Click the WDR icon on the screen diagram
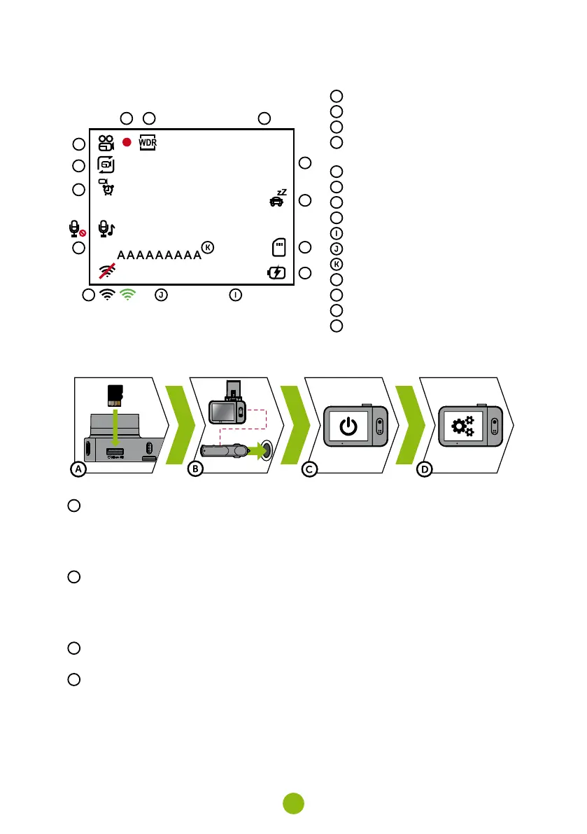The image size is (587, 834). click(x=148, y=142)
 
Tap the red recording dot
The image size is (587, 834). click(x=127, y=142)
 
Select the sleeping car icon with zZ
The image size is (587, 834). click(x=278, y=200)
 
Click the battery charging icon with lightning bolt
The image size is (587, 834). click(x=277, y=273)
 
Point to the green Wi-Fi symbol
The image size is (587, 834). click(x=127, y=295)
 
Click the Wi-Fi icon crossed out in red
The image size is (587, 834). click(x=107, y=271)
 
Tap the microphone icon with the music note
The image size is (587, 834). click(x=107, y=228)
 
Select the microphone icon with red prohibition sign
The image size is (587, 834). click(x=76, y=229)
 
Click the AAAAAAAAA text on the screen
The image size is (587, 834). click(x=159, y=255)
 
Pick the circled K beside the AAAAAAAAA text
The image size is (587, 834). click(x=208, y=247)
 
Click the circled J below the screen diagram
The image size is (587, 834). click(x=161, y=296)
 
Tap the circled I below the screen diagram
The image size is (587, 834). click(x=236, y=296)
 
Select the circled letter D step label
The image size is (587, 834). click(x=424, y=470)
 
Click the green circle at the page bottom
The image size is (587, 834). click(x=293, y=803)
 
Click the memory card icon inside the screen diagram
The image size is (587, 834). click(x=278, y=248)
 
